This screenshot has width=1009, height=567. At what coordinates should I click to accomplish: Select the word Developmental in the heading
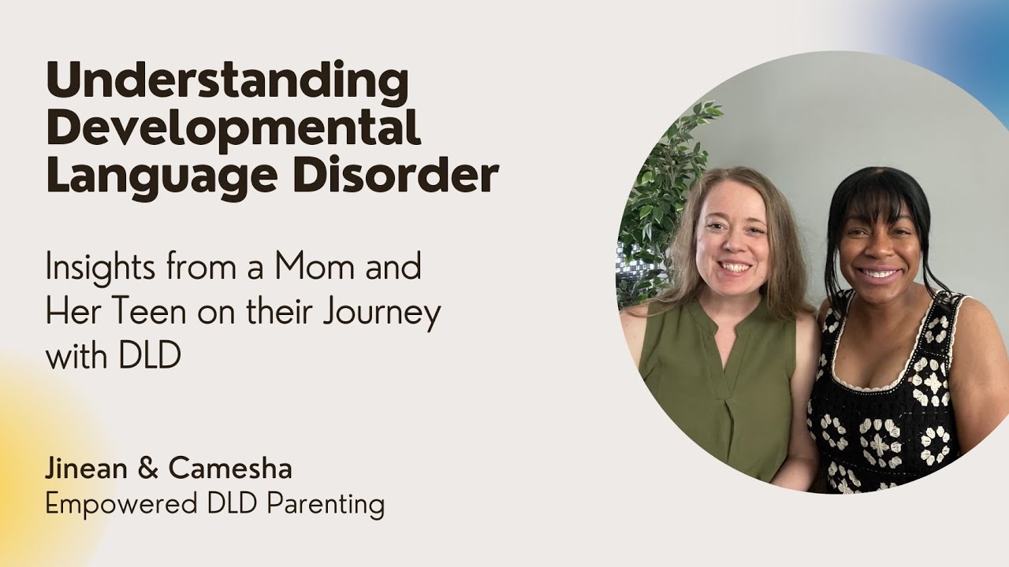click(x=233, y=128)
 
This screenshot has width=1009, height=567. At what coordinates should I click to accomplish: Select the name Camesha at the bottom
click(x=230, y=469)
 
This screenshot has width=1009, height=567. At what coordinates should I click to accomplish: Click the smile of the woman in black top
click(x=880, y=274)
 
